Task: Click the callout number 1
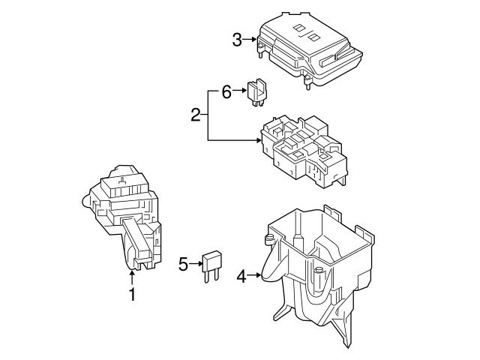(132, 295)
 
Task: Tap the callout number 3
(237, 40)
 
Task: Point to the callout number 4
(241, 277)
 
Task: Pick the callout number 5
(183, 263)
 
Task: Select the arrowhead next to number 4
(258, 277)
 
